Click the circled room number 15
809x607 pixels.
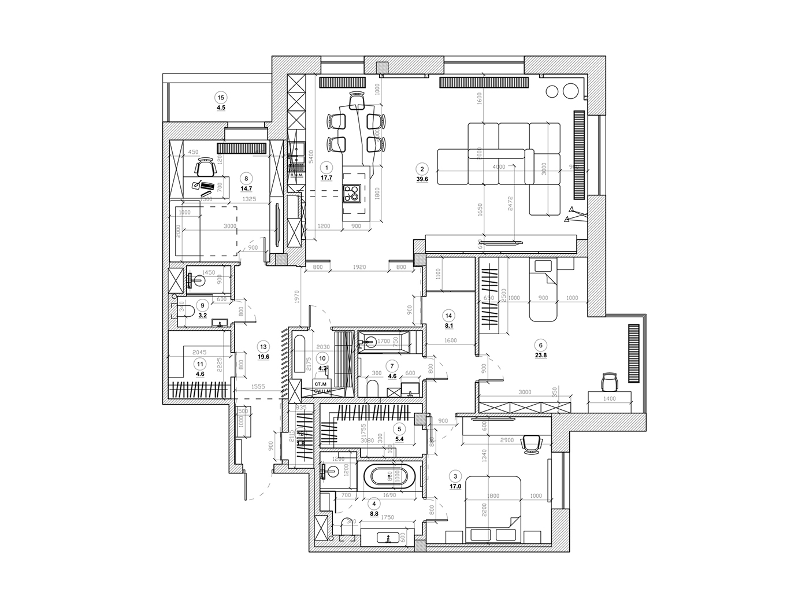coord(220,97)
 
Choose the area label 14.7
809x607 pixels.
coord(247,188)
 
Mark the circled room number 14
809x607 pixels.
coord(448,315)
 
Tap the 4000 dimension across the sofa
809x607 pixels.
coord(498,167)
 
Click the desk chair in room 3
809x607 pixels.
coord(532,443)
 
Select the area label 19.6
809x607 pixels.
coord(264,356)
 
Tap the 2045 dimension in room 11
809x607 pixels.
coord(199,351)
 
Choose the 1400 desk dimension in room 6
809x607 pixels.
coord(609,398)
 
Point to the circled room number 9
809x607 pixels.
coord(202,305)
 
